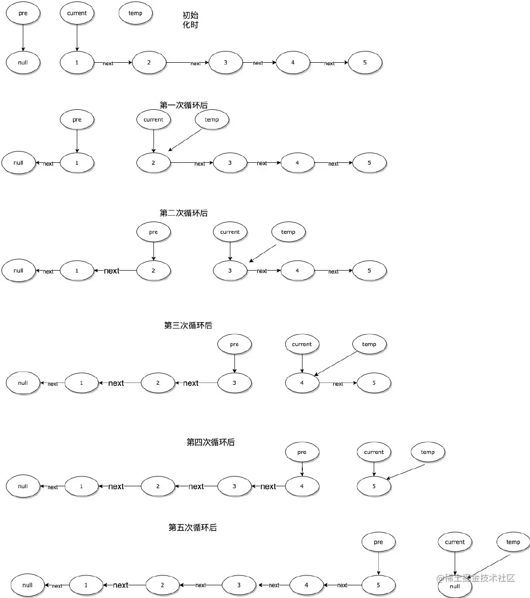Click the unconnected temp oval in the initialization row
click(x=135, y=13)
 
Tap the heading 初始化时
click(x=190, y=20)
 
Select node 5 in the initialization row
click(x=365, y=63)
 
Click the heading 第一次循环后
click(x=184, y=105)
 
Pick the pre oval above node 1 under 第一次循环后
click(x=77, y=120)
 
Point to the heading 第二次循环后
click(x=184, y=213)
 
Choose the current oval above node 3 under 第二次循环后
click(x=230, y=232)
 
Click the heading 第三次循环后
click(x=188, y=325)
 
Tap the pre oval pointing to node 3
click(x=234, y=344)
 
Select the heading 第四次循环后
click(x=211, y=442)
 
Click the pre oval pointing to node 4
click(x=302, y=452)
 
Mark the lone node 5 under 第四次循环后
click(x=374, y=486)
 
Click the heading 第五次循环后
click(x=192, y=527)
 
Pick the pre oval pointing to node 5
click(x=378, y=542)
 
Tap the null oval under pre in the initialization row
click(x=23, y=63)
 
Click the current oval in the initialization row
click(x=77, y=13)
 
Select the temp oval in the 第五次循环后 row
click(x=513, y=542)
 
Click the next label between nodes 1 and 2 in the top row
click(x=108, y=63)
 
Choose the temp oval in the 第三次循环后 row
click(x=369, y=344)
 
